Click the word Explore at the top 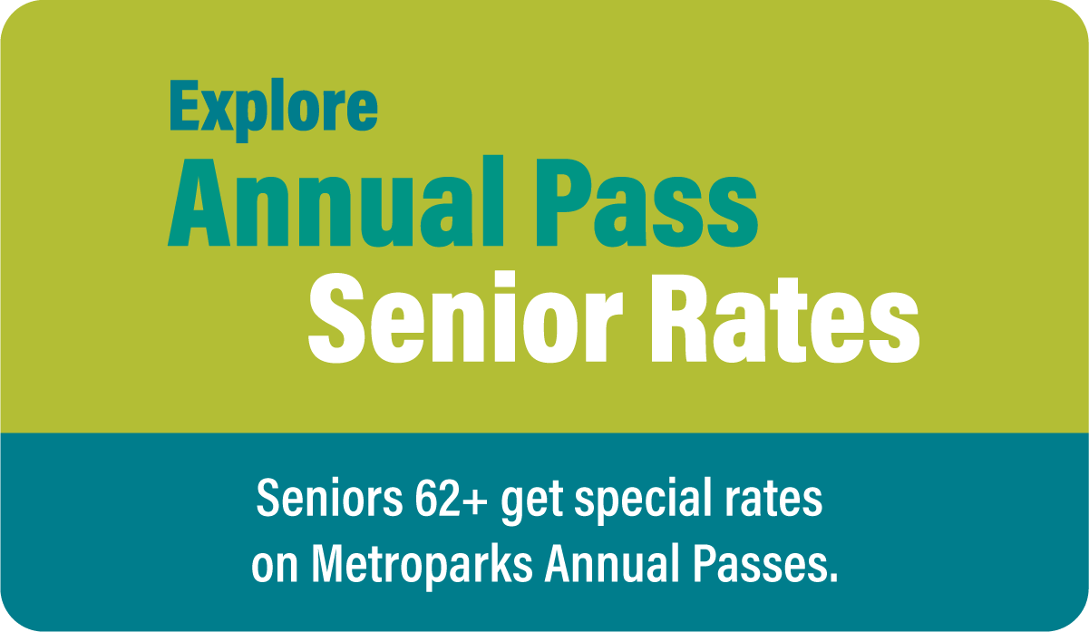[274, 110]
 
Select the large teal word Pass [647, 201]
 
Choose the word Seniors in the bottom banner [330, 498]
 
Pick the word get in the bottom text [532, 501]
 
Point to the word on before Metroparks [274, 567]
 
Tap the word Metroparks [422, 567]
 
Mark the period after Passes [831, 577]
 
